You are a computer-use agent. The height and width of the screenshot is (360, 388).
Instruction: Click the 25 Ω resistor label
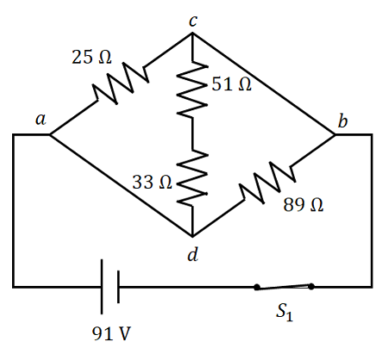(91, 58)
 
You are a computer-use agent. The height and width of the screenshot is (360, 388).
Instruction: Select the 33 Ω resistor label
(153, 183)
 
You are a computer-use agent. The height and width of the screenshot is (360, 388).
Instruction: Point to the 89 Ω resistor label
(304, 205)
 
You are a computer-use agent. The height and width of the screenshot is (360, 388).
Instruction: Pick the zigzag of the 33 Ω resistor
(191, 179)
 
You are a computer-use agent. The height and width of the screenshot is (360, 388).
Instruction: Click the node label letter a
(41, 121)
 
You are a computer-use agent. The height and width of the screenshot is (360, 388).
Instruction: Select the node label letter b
(342, 121)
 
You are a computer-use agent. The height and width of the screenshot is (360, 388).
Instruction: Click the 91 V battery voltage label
(111, 333)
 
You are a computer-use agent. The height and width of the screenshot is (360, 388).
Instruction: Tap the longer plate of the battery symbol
(102, 284)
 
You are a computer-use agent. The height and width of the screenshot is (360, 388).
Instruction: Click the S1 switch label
(285, 313)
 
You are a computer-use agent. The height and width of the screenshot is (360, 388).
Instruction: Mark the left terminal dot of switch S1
(257, 286)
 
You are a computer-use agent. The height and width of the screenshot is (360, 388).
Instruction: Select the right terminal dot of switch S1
(311, 286)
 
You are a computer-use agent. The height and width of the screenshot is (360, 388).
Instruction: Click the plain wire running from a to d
(121, 185)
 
